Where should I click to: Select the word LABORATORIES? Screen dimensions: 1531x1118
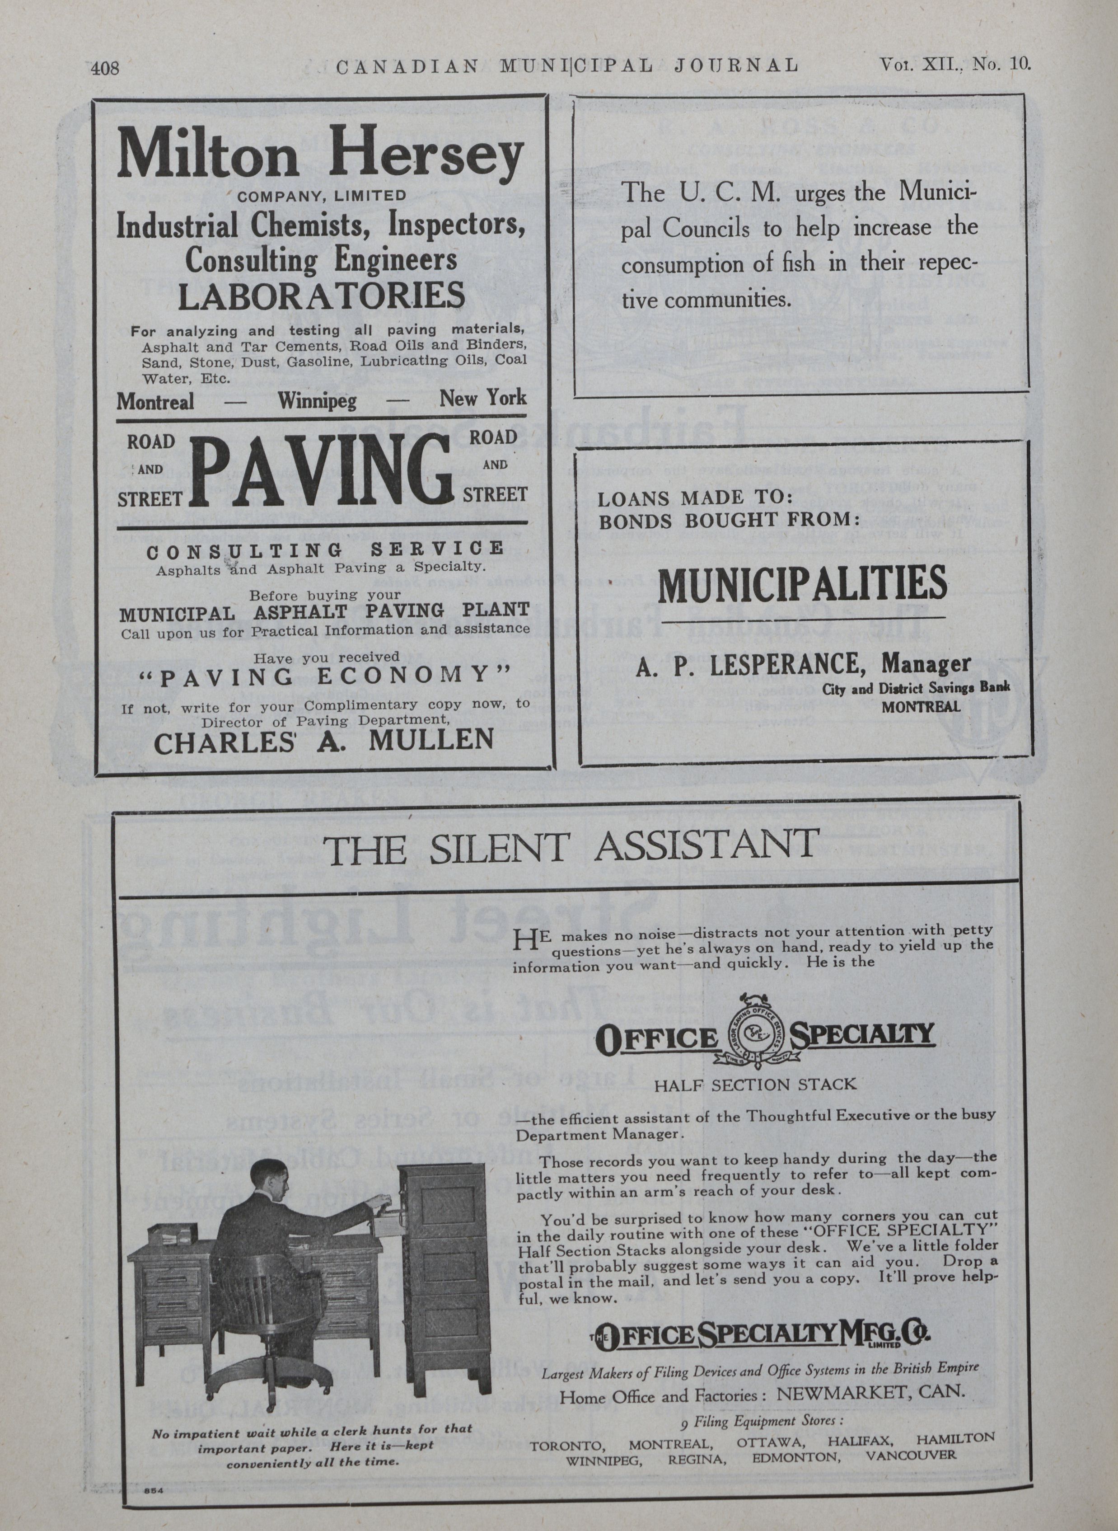[x=322, y=296]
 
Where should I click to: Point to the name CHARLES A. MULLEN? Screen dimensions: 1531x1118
[x=323, y=742]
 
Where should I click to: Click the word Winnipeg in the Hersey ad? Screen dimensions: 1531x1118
[x=316, y=401]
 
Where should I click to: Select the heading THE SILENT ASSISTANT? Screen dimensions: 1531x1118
[x=572, y=847]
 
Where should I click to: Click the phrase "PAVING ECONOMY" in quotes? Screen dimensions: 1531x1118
[x=323, y=676]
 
